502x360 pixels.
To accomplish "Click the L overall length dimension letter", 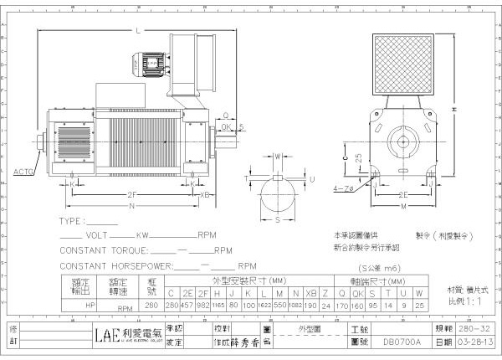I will pos(136,31).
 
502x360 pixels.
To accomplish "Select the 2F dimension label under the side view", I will pos(132,194).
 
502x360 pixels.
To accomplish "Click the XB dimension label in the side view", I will pos(206,194).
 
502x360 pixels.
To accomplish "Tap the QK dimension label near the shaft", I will pos(227,126).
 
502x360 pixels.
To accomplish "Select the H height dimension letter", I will pos(453,109).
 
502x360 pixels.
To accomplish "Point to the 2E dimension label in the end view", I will pos(403,194).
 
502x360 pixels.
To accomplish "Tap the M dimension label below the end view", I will pos(403,207).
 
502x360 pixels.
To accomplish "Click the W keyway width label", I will pos(278,157).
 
